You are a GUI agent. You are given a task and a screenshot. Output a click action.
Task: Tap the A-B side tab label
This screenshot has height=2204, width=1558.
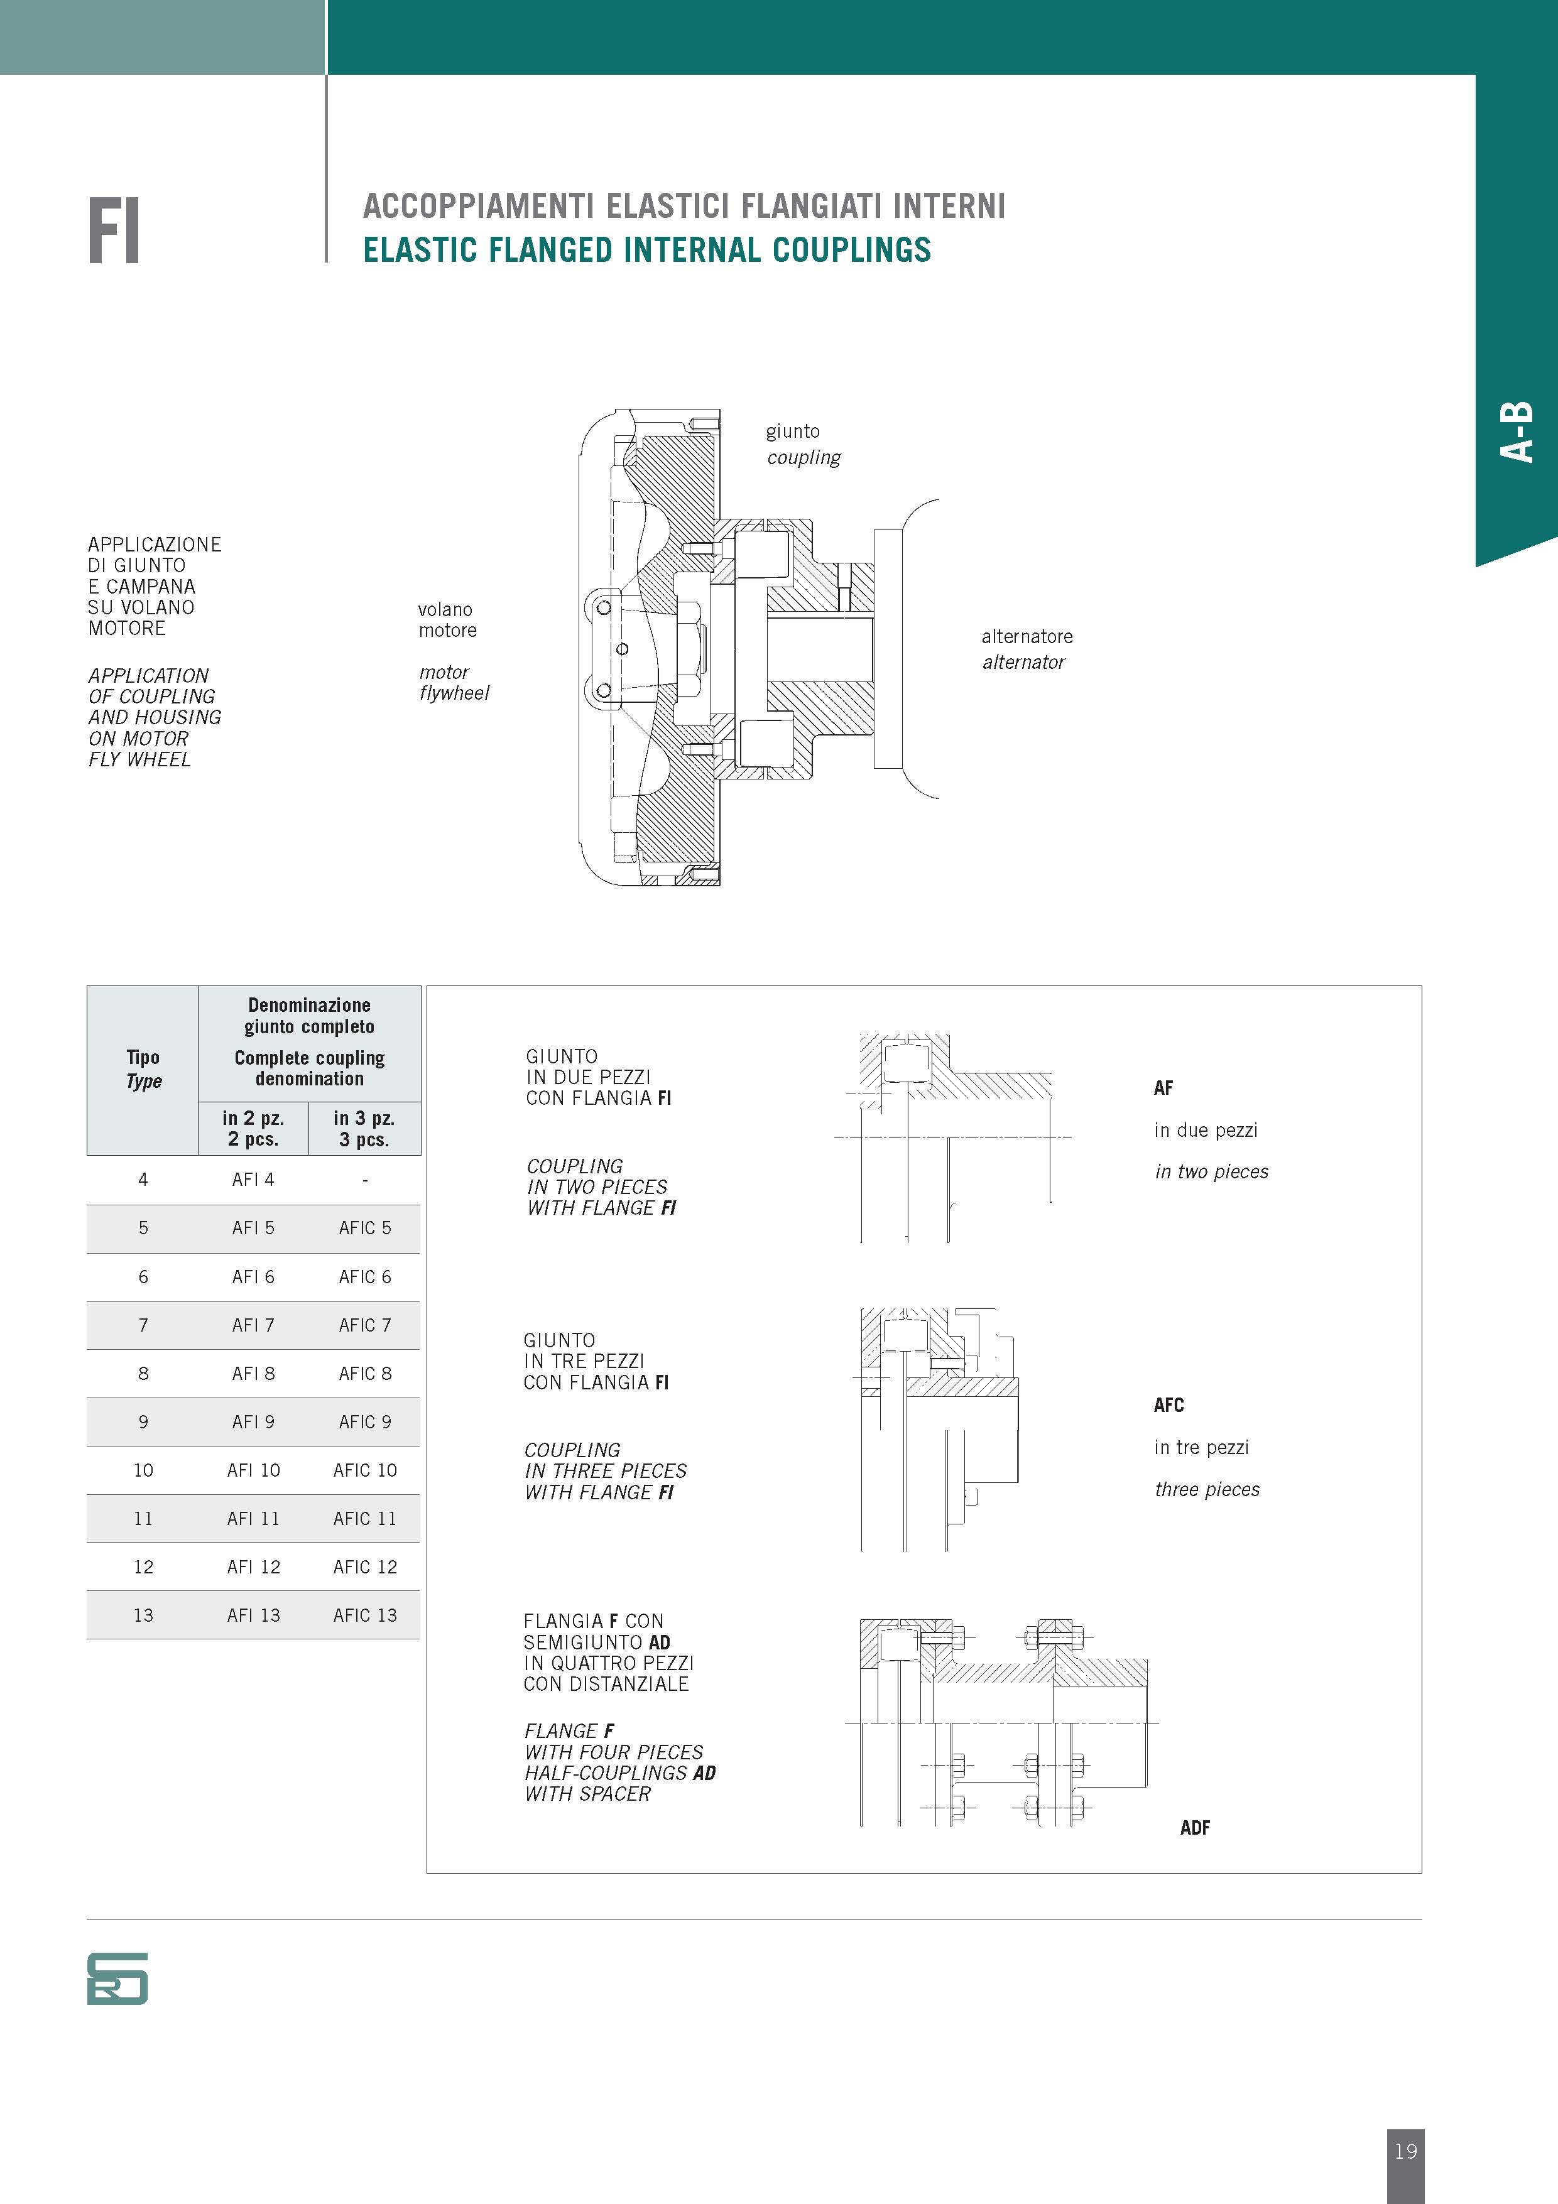point(1517,432)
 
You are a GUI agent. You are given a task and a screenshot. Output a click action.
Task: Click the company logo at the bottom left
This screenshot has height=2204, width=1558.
point(117,1979)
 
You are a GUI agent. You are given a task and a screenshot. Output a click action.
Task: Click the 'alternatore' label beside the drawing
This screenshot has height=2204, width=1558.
point(1026,636)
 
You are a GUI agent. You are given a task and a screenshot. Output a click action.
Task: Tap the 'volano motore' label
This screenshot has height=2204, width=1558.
point(447,620)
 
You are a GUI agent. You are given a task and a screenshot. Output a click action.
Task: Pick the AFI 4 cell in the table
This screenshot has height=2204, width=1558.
point(253,1180)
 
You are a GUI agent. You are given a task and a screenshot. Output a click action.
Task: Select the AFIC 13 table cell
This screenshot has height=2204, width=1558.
point(365,1615)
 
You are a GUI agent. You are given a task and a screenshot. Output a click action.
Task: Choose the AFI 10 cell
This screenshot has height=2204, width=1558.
point(253,1470)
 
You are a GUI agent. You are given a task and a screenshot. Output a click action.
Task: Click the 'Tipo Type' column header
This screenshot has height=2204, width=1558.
point(143,1068)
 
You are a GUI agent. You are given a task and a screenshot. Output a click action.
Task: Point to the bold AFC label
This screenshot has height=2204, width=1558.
point(1168,1405)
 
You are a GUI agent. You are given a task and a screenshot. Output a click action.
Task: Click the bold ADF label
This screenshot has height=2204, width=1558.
point(1194,1828)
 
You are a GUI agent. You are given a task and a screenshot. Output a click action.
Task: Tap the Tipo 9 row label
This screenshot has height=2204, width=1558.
point(143,1421)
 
